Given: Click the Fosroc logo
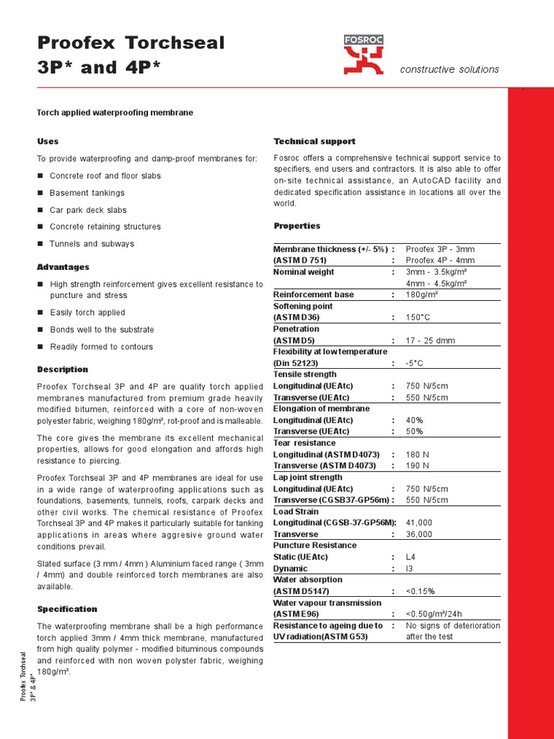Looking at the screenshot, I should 364,54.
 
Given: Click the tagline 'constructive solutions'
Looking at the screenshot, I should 449,69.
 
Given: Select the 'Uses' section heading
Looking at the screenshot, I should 48,141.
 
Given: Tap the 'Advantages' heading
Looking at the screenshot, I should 63,267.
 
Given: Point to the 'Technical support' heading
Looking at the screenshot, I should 315,141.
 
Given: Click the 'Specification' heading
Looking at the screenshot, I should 67,609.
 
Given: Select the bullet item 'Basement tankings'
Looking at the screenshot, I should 87,193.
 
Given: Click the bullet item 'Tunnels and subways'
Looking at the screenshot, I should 92,244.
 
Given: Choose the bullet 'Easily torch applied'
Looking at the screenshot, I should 87,312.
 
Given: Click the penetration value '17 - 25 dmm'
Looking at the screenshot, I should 431,340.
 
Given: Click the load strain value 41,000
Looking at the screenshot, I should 419,522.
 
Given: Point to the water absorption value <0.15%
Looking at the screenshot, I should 421,591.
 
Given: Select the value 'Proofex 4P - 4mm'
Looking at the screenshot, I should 440,261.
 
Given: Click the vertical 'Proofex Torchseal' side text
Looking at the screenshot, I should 23,676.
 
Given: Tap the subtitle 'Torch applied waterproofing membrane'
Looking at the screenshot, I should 115,113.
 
